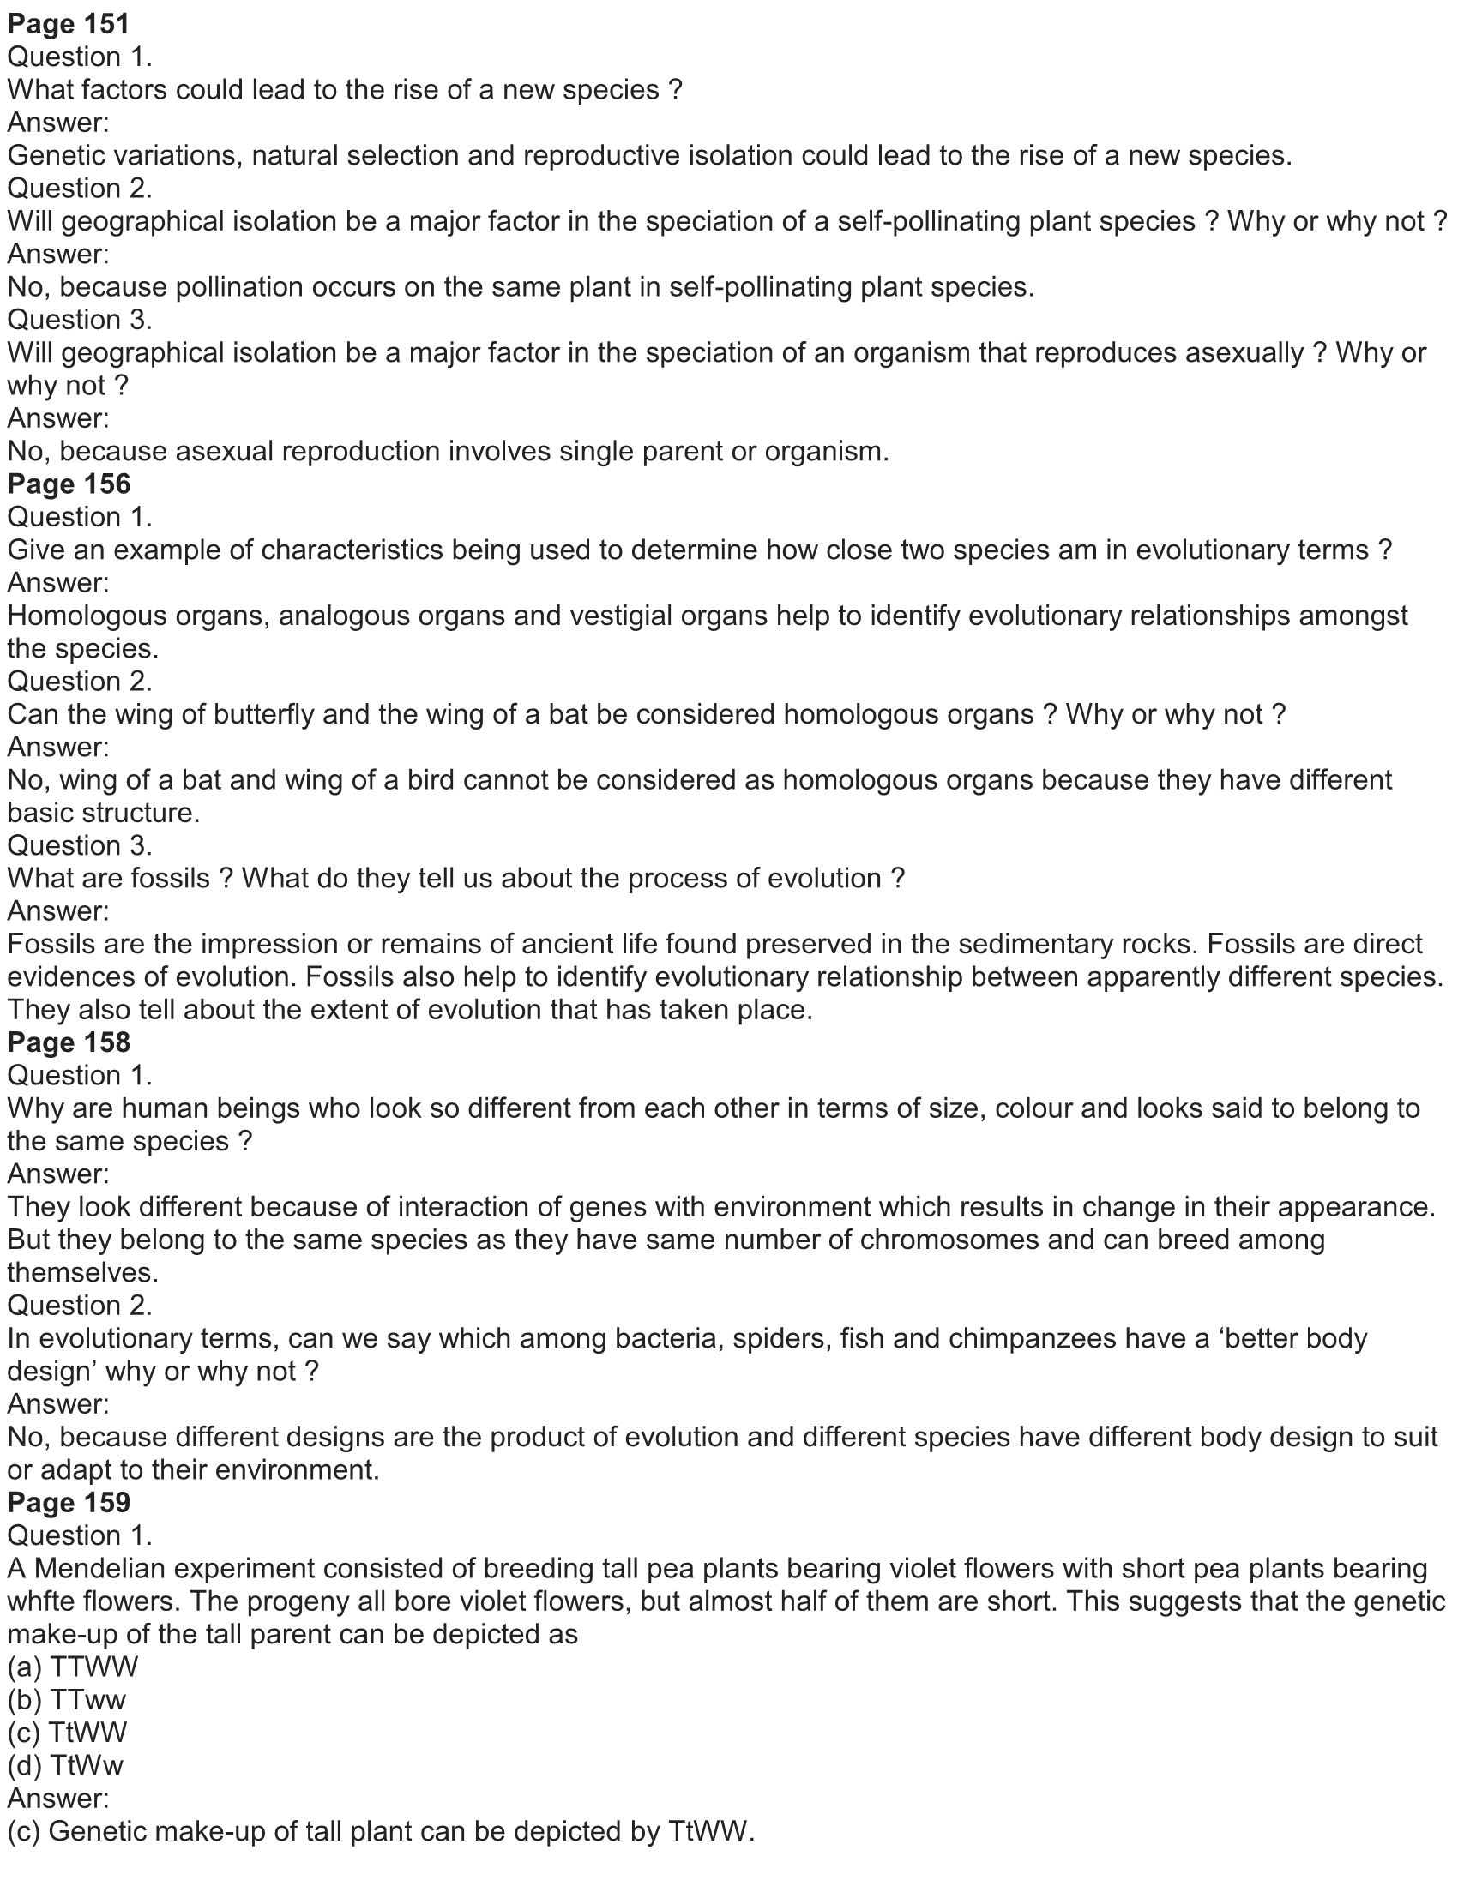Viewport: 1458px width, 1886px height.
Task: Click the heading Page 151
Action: (69, 23)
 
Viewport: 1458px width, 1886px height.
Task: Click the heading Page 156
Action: (69, 484)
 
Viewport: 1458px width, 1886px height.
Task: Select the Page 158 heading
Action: (69, 1042)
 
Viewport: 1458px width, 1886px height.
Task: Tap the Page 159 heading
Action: (69, 1503)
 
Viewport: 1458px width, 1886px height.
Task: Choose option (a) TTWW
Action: (73, 1667)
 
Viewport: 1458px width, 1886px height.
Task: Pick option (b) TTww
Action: (67, 1699)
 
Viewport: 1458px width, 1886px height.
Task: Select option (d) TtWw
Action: (65, 1765)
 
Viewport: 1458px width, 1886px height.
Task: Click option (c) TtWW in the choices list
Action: (67, 1733)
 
